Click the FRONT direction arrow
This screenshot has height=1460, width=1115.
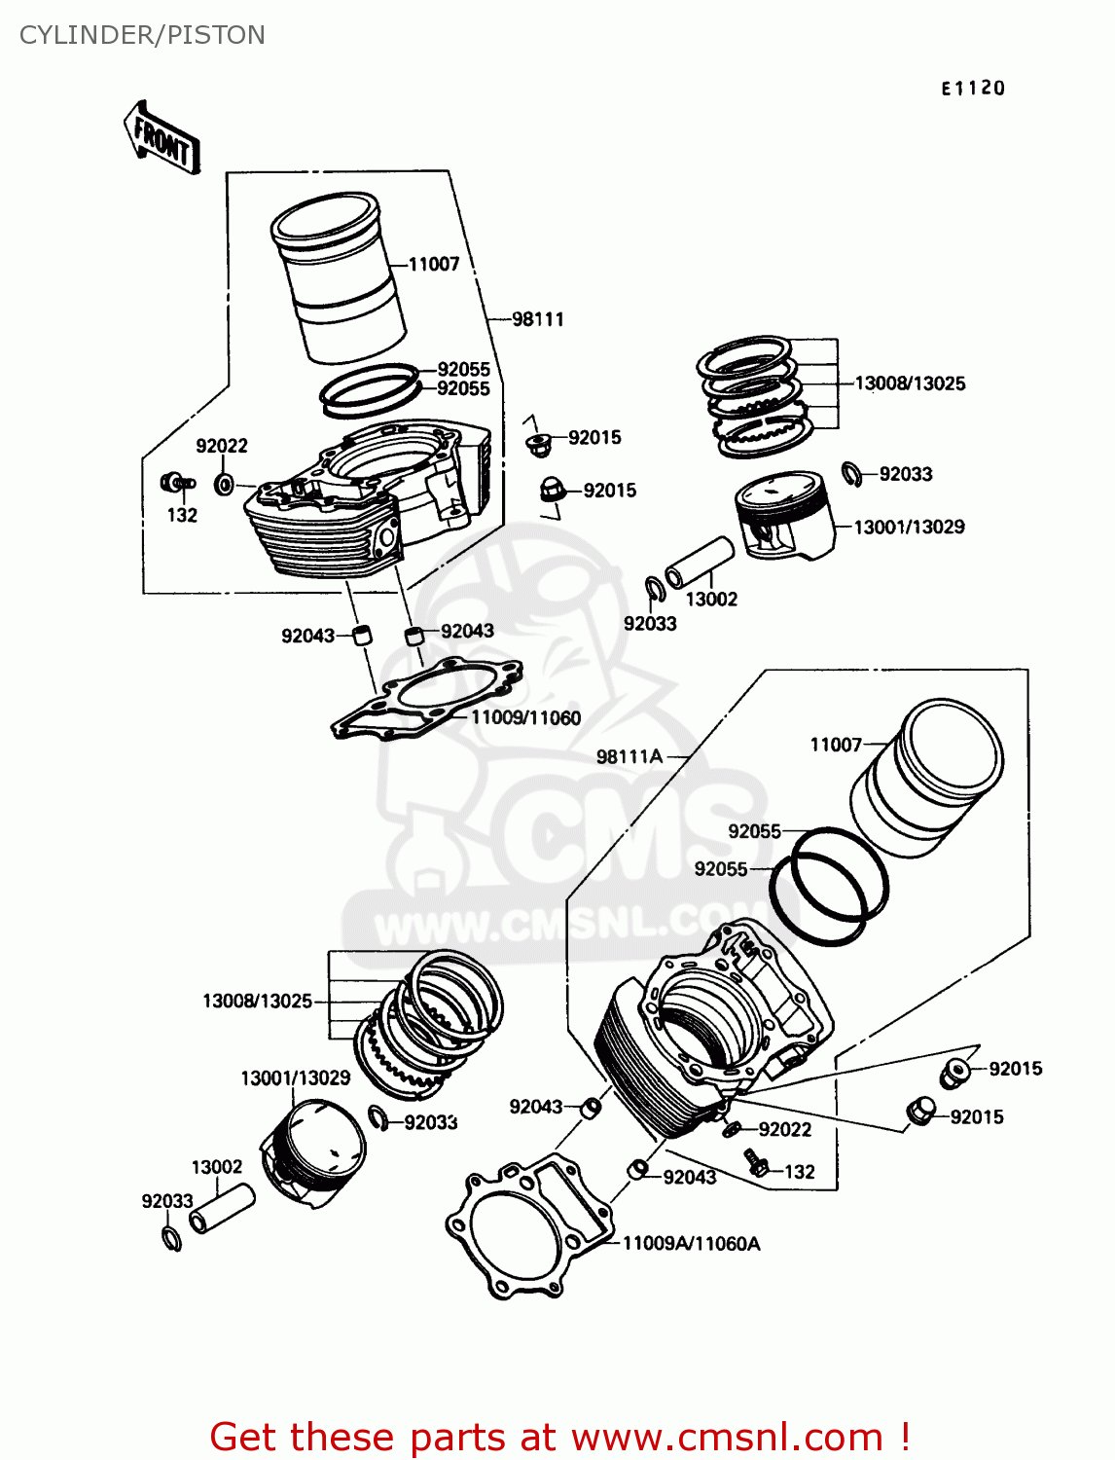162,138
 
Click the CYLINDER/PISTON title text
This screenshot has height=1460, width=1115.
142,35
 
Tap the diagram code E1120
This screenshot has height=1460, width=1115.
972,89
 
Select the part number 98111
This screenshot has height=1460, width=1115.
538,319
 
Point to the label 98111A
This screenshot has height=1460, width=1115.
629,756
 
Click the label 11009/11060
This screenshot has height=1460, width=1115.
525,718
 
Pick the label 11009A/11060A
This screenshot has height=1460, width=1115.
691,1243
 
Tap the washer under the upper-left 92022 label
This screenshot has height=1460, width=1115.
224,484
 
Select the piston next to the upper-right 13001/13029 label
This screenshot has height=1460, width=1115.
784,517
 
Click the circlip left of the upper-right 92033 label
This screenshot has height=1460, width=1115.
851,475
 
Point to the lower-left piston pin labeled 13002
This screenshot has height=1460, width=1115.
222,1208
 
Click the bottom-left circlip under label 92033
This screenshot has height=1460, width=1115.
171,1238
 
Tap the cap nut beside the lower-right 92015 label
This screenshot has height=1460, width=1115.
920,1111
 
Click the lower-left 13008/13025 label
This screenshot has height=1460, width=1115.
257,1001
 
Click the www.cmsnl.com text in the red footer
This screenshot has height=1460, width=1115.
726,1437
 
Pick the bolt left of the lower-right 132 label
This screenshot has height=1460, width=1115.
756,1160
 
